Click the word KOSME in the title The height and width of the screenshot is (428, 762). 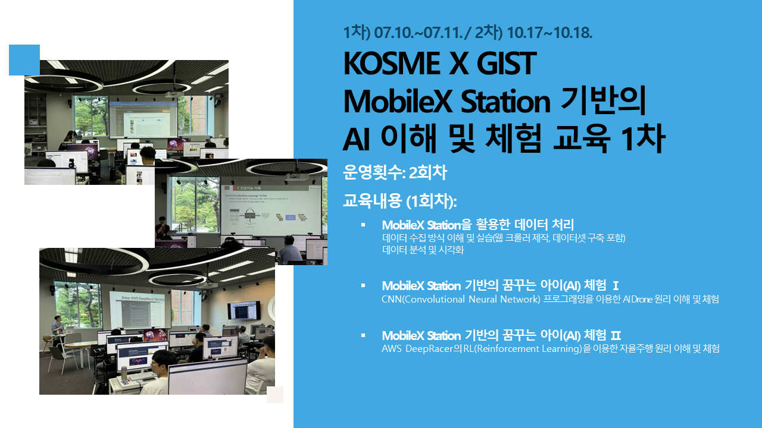[x=392, y=64]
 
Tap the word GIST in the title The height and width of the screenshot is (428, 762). [x=507, y=64]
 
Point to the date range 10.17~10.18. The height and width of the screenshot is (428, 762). [x=549, y=33]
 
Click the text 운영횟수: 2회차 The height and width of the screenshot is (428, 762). [x=395, y=172]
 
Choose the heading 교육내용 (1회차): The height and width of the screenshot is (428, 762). [x=399, y=201]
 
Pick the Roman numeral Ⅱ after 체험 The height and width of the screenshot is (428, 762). [x=616, y=336]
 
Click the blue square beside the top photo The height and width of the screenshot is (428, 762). [x=24, y=60]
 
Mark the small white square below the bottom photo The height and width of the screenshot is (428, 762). [x=275, y=394]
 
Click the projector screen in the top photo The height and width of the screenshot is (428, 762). [x=143, y=120]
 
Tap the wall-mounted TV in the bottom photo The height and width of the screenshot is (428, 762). [x=244, y=310]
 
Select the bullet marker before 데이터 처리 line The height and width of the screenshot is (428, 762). [x=363, y=225]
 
